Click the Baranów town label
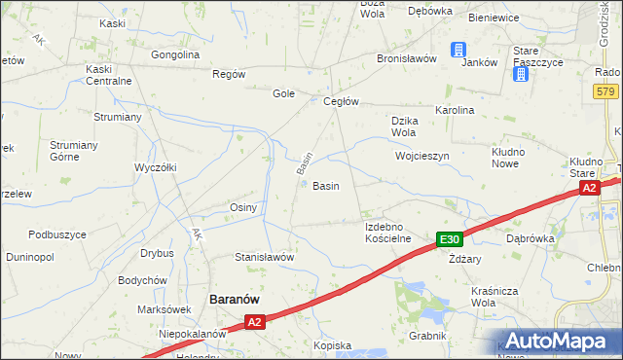pos(235,300)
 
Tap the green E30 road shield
pos(449,239)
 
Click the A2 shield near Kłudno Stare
pos(588,189)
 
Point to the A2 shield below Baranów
pos(254,321)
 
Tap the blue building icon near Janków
pos(458,51)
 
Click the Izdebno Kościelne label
pos(388,232)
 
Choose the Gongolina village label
pos(175,54)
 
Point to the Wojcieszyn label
pos(421,156)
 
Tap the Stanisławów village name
pos(264,257)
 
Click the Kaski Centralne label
pos(108,75)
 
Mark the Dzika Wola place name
pos(404,126)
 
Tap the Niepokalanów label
pos(193,333)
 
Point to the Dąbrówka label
pos(531,237)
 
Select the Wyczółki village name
pos(155,167)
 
